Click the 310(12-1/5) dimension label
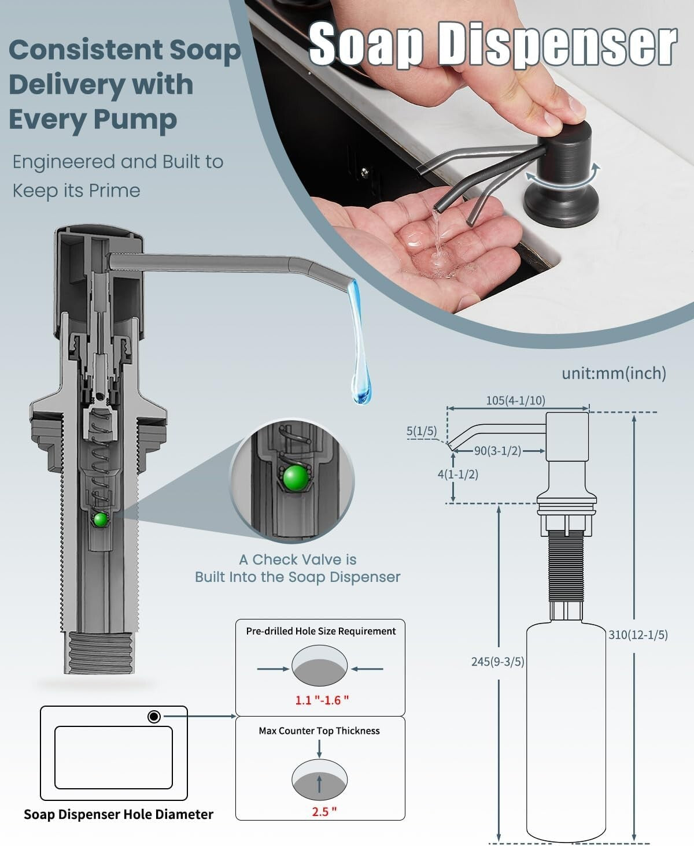pos(638,634)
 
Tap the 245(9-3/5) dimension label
pos(497,662)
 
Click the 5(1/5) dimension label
pos(422,431)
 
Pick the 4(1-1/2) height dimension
pos(457,474)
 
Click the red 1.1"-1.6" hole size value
pos(322,700)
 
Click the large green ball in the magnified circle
pos(295,477)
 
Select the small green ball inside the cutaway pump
pos(101,520)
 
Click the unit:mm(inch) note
pos(614,373)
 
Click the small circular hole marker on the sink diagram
pos(154,717)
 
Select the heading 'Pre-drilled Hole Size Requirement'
pos(321,631)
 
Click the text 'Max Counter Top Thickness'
pos(319,731)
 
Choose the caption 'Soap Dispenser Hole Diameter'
pos(119,815)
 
